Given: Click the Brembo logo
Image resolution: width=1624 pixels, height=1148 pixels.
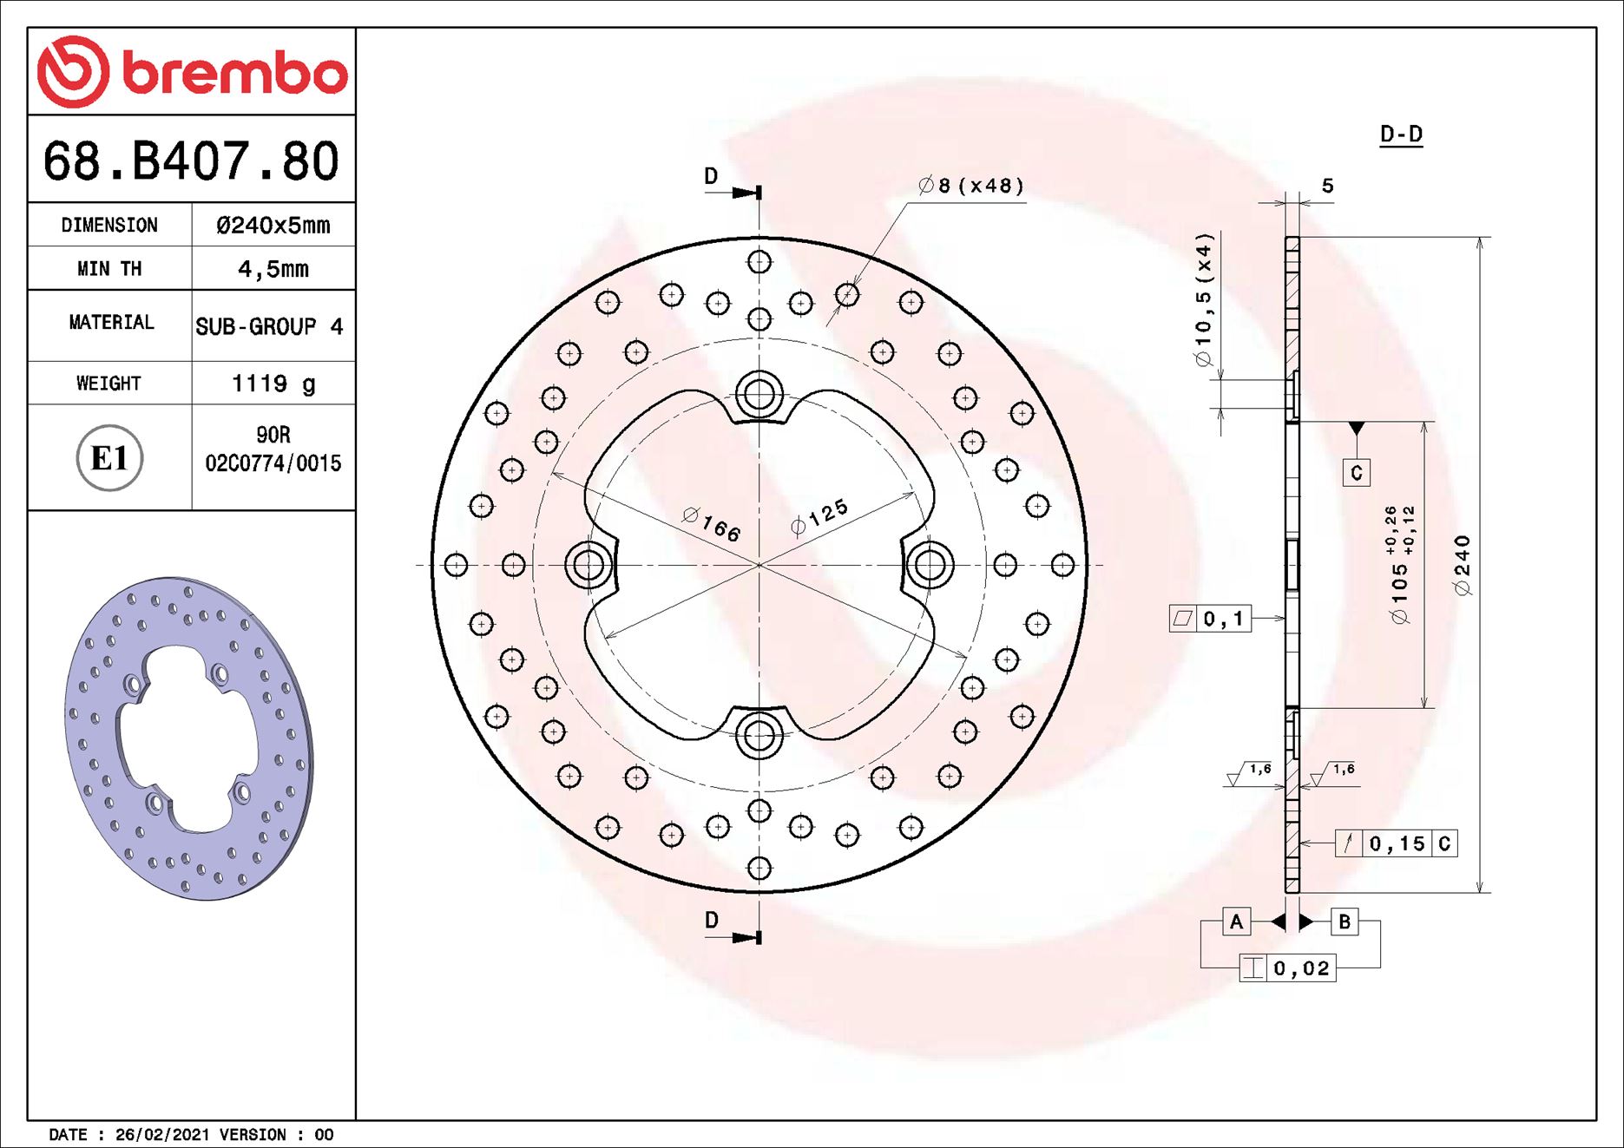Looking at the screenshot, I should pos(192,72).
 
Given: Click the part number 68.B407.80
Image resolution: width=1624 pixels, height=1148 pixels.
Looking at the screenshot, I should pos(191,161).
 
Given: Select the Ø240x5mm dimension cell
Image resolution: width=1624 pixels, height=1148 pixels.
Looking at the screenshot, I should pos(273,226).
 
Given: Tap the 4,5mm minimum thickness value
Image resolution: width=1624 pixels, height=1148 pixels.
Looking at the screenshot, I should pos(273,269).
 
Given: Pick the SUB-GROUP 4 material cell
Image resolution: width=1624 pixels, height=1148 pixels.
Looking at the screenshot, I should pos(269,327).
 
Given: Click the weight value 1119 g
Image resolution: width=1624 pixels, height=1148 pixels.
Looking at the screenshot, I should pos(273,384).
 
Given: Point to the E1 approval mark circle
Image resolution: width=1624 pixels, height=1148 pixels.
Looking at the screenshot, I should pos(109,458).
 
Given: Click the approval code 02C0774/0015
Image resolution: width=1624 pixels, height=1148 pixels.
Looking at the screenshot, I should pos(273,463).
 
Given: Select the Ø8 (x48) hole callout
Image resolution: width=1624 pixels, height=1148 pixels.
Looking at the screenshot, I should pos(971,186).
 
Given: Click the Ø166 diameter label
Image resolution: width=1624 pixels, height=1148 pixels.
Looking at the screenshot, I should pos(712,525).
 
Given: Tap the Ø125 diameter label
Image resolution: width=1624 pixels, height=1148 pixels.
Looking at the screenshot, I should pos(819,518).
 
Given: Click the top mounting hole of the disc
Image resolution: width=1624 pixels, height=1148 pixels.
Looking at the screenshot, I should pos(759,395).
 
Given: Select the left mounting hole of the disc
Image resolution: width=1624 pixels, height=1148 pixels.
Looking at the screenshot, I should pos(588,565).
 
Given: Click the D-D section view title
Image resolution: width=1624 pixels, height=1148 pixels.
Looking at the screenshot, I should pos(1401,134).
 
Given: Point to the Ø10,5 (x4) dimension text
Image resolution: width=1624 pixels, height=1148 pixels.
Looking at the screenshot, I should pos(1204,300).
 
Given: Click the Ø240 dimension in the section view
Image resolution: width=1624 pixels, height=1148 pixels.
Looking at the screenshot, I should pos(1463,566).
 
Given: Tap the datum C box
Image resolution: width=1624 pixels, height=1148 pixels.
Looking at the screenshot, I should pos(1356,473).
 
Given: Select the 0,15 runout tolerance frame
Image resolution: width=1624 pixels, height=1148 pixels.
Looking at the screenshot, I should pos(1396,843).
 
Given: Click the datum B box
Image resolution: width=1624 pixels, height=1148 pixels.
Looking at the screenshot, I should pos(1344,922).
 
